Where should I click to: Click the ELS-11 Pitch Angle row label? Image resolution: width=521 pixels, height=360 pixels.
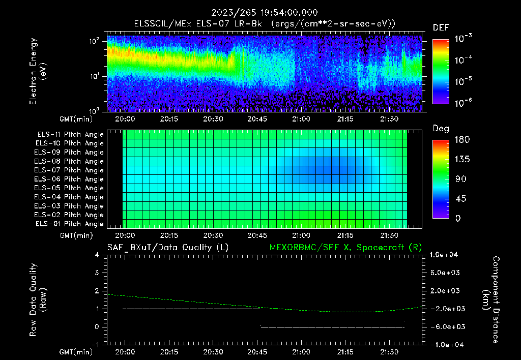[70, 134]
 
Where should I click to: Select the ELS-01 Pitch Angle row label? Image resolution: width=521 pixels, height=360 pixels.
[70, 224]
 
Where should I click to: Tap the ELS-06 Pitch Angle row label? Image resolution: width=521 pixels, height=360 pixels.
[70, 179]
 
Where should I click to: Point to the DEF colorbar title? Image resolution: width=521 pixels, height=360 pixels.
[441, 27]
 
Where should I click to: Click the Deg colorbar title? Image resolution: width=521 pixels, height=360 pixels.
[440, 129]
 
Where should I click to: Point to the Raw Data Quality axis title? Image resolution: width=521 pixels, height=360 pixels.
[38, 299]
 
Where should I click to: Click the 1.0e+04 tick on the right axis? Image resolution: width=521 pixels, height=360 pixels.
[446, 255]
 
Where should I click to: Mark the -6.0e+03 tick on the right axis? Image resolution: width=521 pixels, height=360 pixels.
[446, 326]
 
